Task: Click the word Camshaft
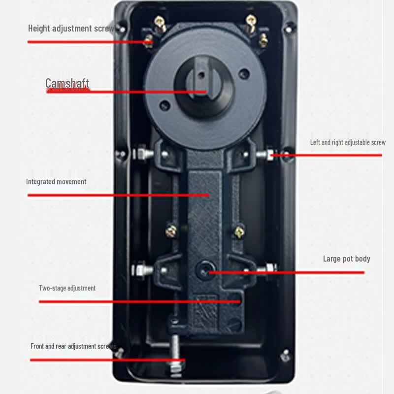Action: point(67,83)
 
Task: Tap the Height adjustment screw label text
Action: point(71,29)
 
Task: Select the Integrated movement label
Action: point(56,181)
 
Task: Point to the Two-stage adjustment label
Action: point(67,288)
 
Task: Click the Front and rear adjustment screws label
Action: point(73,346)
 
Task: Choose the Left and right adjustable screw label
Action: point(348,142)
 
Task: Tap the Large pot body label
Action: point(347,259)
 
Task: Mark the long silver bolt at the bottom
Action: point(176,356)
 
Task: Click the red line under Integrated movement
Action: point(118,195)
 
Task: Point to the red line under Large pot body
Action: point(287,272)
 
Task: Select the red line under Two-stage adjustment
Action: point(140,301)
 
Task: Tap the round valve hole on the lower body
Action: point(204,269)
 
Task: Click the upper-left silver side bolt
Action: point(143,153)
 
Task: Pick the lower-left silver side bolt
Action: point(142,270)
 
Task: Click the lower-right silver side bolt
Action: point(267,268)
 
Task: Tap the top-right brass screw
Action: point(251,23)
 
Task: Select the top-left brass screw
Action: point(160,24)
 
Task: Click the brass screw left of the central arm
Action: point(171,231)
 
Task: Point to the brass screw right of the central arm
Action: point(239,232)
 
